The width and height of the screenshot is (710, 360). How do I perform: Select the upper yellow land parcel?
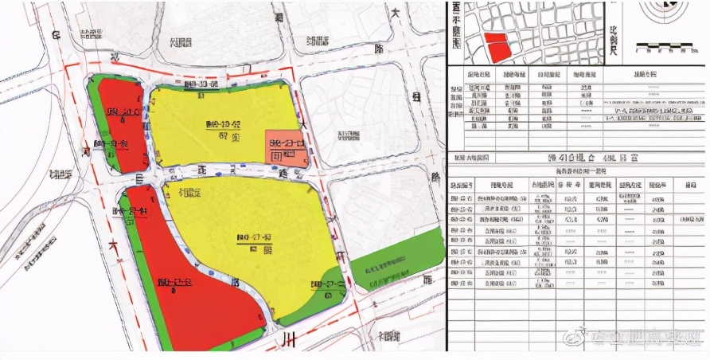coord(215,119)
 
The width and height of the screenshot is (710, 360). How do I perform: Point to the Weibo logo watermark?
coord(572,338)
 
